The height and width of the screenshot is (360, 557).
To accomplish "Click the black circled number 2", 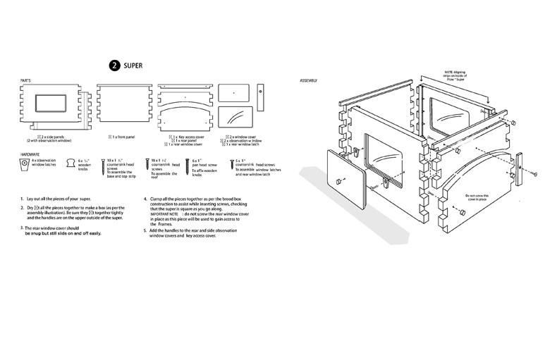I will [114, 65].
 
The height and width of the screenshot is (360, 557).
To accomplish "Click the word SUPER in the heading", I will [133, 65].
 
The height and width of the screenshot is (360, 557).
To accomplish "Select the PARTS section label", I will [25, 80].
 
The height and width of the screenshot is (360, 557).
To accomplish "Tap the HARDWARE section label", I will [30, 152].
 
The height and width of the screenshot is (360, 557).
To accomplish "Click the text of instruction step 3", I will [63, 230].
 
